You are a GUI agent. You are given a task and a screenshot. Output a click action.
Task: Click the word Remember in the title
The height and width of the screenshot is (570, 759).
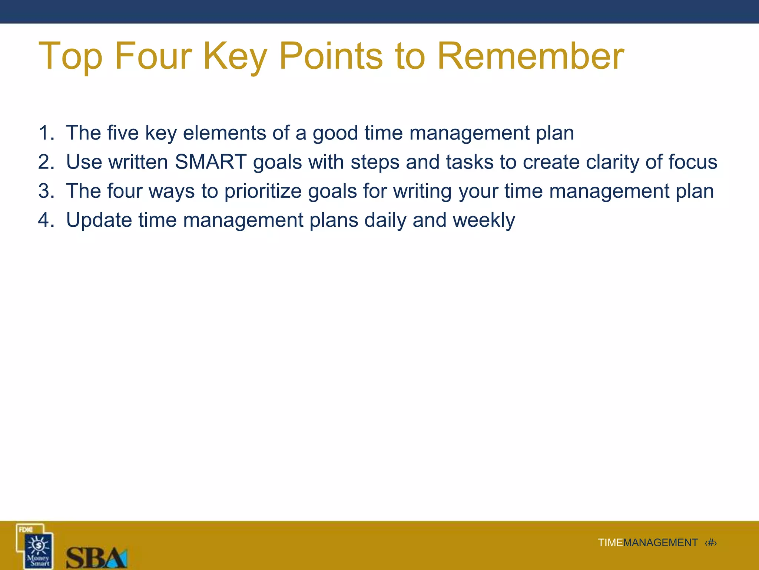[x=530, y=56]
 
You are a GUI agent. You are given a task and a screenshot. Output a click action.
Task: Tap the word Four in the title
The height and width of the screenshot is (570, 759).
[x=153, y=56]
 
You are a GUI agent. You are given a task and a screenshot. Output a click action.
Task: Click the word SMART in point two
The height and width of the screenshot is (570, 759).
[x=211, y=162]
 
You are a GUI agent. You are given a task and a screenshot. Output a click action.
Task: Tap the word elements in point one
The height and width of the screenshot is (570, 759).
[x=224, y=133]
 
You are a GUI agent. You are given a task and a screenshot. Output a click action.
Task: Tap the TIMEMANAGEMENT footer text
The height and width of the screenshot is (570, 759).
[x=647, y=543]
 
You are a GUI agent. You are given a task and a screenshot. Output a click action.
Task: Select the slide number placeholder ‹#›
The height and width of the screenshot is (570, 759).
[x=710, y=543]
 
